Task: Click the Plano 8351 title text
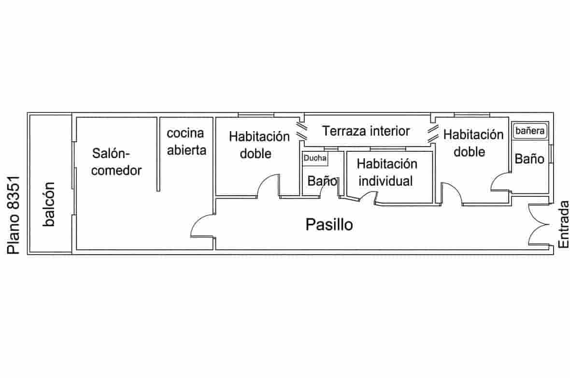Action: click(x=14, y=215)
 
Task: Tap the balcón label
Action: click(x=49, y=204)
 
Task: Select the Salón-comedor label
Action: click(x=116, y=162)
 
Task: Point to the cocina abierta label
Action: click(x=186, y=141)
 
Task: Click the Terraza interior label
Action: click(x=366, y=131)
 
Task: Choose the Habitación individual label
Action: click(x=386, y=172)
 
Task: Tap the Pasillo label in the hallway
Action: click(x=329, y=225)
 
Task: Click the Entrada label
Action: click(x=563, y=224)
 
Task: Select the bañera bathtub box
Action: click(x=530, y=131)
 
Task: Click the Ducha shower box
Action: click(x=315, y=159)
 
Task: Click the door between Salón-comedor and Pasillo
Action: click(x=202, y=225)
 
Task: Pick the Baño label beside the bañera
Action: click(x=529, y=159)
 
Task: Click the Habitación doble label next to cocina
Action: click(x=259, y=145)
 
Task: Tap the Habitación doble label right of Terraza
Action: click(x=473, y=143)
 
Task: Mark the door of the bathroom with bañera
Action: click(x=500, y=182)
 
